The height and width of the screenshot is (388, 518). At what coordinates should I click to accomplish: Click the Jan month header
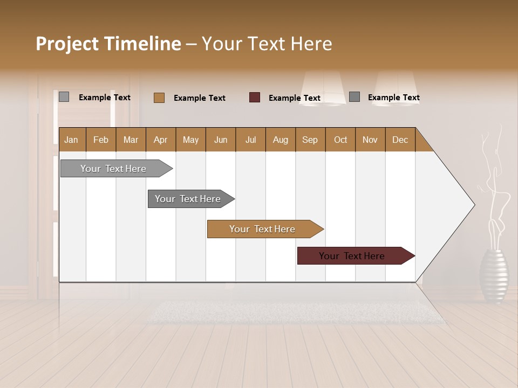pyautogui.click(x=71, y=140)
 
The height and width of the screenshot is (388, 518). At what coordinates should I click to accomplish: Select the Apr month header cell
pyautogui.click(x=160, y=140)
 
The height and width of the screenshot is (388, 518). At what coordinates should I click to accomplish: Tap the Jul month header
pyautogui.click(x=250, y=140)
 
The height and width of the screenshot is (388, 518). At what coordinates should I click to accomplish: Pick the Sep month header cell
pyautogui.click(x=310, y=140)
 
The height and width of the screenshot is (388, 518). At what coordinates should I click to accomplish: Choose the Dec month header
pyautogui.click(x=400, y=140)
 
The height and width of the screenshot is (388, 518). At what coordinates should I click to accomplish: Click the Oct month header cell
pyautogui.click(x=340, y=140)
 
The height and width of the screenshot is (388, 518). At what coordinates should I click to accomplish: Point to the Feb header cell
pyautogui.click(x=101, y=140)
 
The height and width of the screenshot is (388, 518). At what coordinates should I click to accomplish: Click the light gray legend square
pyautogui.click(x=64, y=97)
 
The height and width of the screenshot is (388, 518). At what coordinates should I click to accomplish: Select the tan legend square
pyautogui.click(x=159, y=98)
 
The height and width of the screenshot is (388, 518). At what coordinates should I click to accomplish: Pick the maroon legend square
pyautogui.click(x=254, y=98)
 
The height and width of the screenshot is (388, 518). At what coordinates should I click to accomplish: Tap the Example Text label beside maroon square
pyautogui.click(x=294, y=98)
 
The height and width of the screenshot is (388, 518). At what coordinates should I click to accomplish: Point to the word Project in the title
pyautogui.click(x=66, y=44)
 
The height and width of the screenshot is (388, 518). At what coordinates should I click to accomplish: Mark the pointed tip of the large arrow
pyautogui.click(x=474, y=205)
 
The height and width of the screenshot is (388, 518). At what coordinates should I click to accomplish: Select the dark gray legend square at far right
pyautogui.click(x=354, y=97)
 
